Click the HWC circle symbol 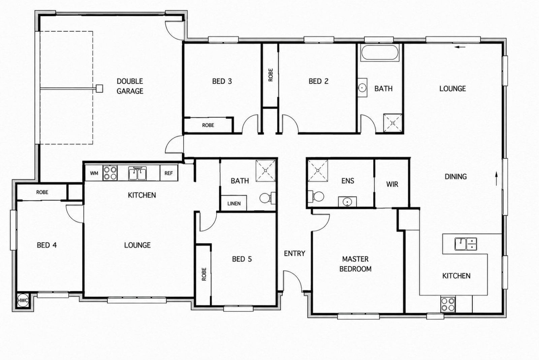tap(23, 300)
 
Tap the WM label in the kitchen tap(94, 173)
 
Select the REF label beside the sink tap(169, 173)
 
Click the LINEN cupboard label tap(234, 204)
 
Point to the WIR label tap(392, 184)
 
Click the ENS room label tap(348, 181)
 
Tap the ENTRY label tap(294, 253)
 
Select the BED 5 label tap(242, 259)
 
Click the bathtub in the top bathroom tap(380, 52)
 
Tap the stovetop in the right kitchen tap(448, 304)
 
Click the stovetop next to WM tap(110, 173)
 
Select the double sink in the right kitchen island tap(466, 244)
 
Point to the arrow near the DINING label tap(496, 178)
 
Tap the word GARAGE tap(130, 91)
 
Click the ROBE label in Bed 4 tap(42, 192)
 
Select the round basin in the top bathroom tap(362, 88)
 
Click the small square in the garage tap(99, 88)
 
